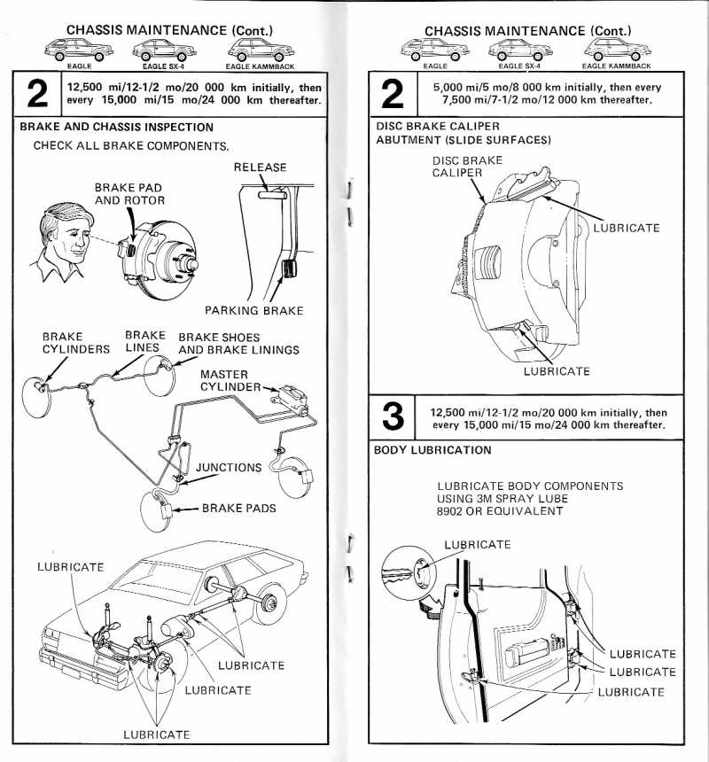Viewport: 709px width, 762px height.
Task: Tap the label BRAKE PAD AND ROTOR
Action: click(x=129, y=193)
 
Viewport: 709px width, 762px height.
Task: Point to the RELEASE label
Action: click(x=260, y=167)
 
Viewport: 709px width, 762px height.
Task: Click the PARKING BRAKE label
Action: click(x=253, y=310)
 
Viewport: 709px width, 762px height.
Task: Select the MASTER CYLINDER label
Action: click(x=224, y=380)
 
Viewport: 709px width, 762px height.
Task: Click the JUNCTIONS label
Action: click(x=229, y=467)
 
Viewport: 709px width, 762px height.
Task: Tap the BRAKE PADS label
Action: click(x=238, y=509)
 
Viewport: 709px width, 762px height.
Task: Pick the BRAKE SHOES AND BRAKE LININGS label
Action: click(x=238, y=343)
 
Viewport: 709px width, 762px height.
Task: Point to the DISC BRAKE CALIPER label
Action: click(x=467, y=167)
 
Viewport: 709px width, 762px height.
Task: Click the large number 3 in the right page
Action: click(x=395, y=417)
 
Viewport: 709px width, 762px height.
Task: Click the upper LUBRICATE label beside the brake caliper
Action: click(x=626, y=228)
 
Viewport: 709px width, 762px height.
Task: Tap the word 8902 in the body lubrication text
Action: click(x=455, y=512)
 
